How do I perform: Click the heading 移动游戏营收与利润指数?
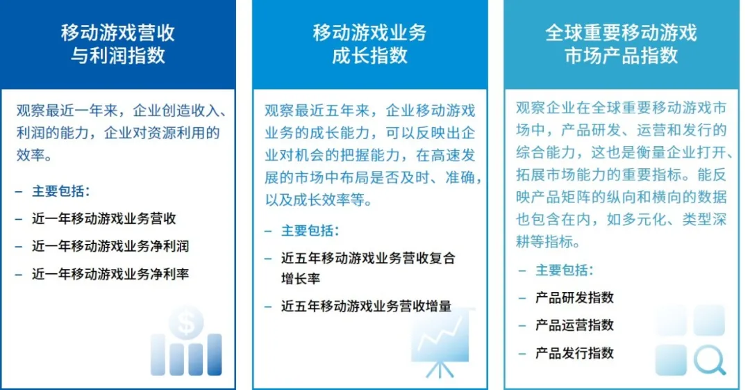coord(117,44)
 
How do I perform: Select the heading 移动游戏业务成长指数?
coord(369,44)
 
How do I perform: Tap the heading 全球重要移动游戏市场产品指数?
coord(621,44)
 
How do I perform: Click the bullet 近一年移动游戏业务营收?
coord(103,218)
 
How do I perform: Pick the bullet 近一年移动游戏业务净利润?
coord(110,246)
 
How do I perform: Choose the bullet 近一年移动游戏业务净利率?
coord(110,274)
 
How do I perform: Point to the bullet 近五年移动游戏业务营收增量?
coord(367,306)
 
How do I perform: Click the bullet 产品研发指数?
coord(574,298)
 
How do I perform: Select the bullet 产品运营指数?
coord(574,325)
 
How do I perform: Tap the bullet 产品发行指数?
coord(574,353)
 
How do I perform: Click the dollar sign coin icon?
coord(186,322)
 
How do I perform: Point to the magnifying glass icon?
coord(710,360)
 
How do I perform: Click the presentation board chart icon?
coord(441,342)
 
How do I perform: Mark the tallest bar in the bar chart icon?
coord(215,355)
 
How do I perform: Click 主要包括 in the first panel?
coord(60,191)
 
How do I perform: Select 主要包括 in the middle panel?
coord(310,231)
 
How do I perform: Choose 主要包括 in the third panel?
coord(565,270)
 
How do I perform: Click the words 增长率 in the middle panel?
coord(301,279)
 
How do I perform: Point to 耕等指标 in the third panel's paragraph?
coord(544,241)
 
